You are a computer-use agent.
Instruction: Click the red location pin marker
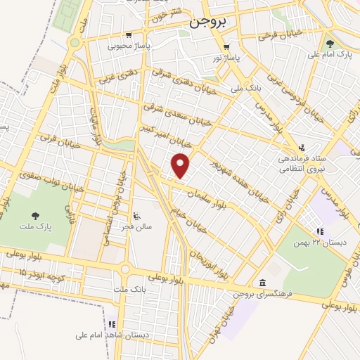point(181,165)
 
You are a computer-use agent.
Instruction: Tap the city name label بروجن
point(209,21)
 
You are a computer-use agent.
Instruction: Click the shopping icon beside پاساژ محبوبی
point(128,35)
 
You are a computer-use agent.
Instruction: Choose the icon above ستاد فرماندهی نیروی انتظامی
point(302,148)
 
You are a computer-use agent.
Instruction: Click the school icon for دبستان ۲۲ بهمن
point(320,231)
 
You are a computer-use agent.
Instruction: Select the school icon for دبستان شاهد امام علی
point(111,325)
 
